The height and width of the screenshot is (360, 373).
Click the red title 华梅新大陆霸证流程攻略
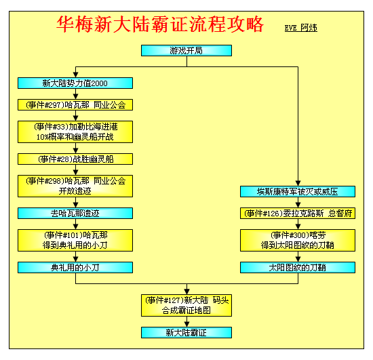pyautogui.click(x=160, y=24)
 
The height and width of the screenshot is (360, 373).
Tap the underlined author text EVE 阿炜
pyautogui.click(x=301, y=28)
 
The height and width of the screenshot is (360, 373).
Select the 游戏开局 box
pyautogui.click(x=186, y=51)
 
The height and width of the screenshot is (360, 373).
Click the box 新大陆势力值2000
pyautogui.click(x=75, y=83)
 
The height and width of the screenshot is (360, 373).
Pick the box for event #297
pyautogui.click(x=75, y=105)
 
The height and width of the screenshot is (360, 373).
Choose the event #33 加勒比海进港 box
pyautogui.click(x=75, y=132)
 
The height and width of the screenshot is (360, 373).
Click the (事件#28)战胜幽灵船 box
pyautogui.click(x=75, y=159)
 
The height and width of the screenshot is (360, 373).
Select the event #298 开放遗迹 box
pyautogui.click(x=75, y=186)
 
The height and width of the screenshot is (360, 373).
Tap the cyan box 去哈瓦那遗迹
pyautogui.click(x=75, y=214)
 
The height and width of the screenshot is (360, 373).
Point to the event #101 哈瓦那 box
pyautogui.click(x=75, y=241)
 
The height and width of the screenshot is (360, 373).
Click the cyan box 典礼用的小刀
pyautogui.click(x=75, y=268)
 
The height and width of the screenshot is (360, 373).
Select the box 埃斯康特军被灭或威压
pyautogui.click(x=298, y=192)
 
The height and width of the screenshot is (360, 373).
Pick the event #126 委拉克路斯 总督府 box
pyautogui.click(x=298, y=214)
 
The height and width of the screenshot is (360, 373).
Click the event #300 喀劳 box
pyautogui.click(x=298, y=241)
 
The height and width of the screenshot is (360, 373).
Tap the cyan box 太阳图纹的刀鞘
pyautogui.click(x=298, y=268)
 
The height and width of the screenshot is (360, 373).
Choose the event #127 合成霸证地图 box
pyautogui.click(x=186, y=306)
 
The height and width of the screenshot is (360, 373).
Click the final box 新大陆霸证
pyautogui.click(x=186, y=333)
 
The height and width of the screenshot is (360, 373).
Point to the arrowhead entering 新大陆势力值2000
pyautogui.click(x=76, y=75)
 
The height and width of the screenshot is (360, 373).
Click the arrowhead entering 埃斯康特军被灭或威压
pyautogui.click(x=298, y=183)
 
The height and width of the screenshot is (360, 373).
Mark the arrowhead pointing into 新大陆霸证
pyautogui.click(x=187, y=324)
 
